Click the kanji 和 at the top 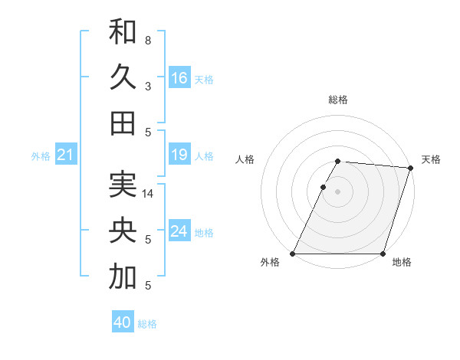123,32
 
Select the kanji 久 123,77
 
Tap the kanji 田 123,123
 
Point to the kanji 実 123,185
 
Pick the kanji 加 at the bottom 123,277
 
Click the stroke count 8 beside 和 147,40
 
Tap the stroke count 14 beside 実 149,194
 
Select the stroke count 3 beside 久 147,86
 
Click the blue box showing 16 179,78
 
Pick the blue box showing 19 179,155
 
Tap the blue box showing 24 179,231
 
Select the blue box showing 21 66,155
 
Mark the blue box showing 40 123,322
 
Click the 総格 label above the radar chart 338,100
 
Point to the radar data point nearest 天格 411,168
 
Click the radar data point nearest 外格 293,254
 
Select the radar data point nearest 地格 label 383,254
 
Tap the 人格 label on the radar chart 245,159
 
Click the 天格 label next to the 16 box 204,79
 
